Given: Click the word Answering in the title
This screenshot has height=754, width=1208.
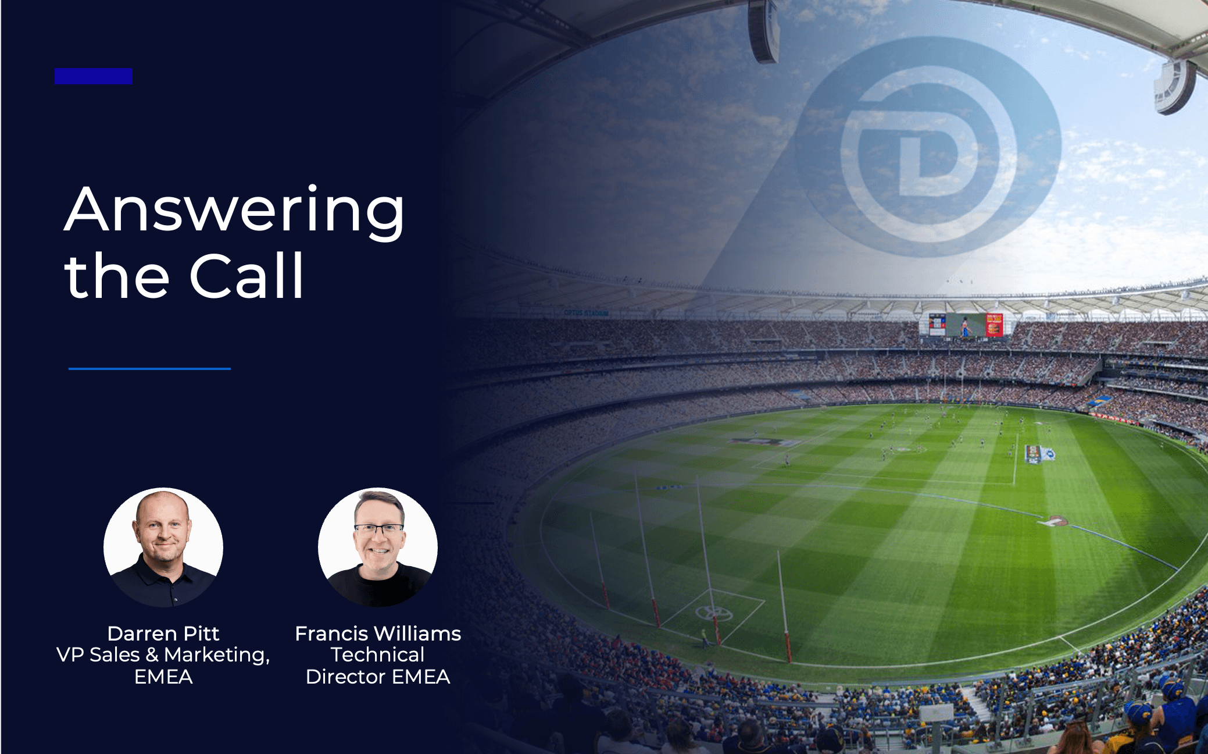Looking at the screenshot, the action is coord(234,211).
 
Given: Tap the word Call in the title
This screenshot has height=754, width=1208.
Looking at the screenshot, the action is coord(246,276).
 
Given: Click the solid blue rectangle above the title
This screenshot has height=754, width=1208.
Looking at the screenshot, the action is coord(94,76).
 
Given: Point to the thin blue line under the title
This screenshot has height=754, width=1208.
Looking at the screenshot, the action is coord(149,368).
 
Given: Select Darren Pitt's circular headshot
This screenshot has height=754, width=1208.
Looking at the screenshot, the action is coord(163,547).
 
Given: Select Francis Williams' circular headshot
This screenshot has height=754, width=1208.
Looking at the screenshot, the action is coord(378,547).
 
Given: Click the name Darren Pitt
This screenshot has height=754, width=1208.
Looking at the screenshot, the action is coord(163,633).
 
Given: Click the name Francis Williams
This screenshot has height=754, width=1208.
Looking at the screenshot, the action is coord(378,633).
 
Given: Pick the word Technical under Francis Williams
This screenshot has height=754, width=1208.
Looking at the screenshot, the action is coord(378,655).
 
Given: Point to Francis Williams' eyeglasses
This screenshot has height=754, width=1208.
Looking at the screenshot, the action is coord(378,529).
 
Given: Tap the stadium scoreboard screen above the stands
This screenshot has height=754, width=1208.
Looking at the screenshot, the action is coord(966,325).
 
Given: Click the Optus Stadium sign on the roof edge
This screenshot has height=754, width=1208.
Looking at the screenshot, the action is coord(586,313).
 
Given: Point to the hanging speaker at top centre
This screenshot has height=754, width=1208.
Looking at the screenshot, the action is coord(763,31).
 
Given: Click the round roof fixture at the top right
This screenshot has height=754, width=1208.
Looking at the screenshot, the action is coord(1174,86).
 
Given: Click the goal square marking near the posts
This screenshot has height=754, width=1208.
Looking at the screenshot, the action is coord(713,614).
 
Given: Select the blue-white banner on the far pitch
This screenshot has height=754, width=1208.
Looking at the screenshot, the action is coord(1040,454).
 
